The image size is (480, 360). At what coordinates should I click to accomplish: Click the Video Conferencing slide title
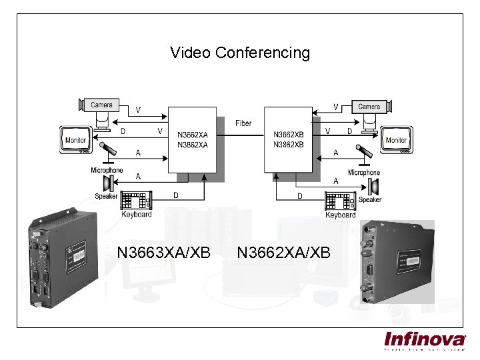[240, 53]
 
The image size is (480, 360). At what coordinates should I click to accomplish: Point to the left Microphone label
[107, 171]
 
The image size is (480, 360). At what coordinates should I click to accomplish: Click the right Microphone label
[363, 173]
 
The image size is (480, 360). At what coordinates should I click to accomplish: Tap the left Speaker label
[106, 196]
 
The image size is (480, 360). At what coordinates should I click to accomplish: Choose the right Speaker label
[370, 200]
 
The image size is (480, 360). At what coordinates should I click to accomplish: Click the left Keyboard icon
[137, 201]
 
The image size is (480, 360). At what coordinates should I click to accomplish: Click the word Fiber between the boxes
[243, 123]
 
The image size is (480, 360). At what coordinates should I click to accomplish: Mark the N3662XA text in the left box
[193, 135]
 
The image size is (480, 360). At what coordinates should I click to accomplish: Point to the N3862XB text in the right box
[289, 144]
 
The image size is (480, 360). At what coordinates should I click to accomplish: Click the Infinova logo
[425, 340]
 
